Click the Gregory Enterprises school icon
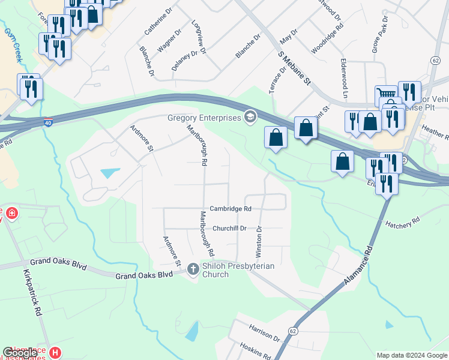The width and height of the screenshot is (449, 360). click(250, 116)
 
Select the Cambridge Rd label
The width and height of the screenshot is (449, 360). click(231, 209)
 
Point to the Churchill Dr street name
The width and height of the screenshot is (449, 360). click(229, 229)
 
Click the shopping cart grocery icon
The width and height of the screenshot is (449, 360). click(386, 97)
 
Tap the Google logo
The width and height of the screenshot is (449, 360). click(20, 353)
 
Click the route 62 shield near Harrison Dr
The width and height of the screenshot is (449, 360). click(292, 331)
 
